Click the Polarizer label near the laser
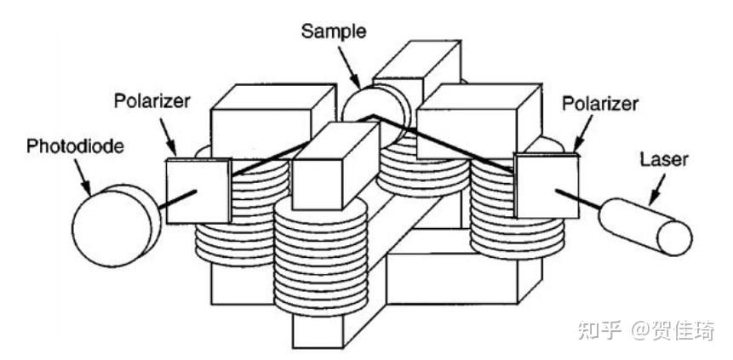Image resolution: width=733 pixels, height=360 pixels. coord(598,102)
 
